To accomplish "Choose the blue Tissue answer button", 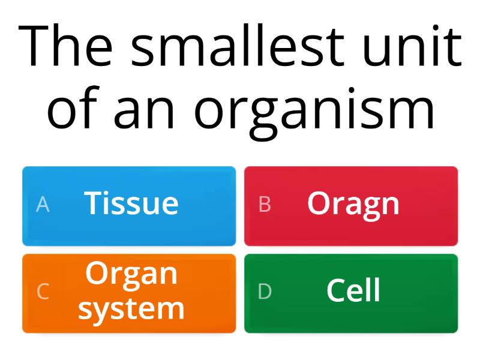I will [129, 206].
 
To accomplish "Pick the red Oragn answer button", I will [351, 206].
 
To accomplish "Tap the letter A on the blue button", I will [43, 205].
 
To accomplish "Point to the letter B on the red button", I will [265, 205].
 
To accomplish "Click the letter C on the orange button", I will [43, 292].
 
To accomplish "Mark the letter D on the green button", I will [265, 292].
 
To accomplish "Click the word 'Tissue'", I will [131, 203].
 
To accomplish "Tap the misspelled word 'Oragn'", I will [353, 204].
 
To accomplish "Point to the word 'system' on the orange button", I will [131, 309].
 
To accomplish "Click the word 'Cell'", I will [353, 291].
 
